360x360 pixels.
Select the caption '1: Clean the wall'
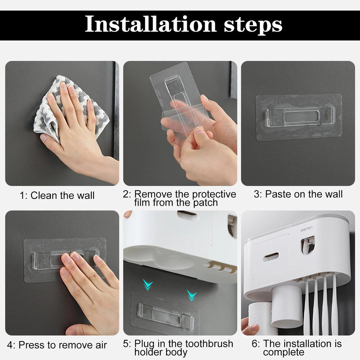coord(57,195)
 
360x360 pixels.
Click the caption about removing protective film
coord(179,198)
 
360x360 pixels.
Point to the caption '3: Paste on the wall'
coord(298,194)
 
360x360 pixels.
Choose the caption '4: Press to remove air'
coord(57,345)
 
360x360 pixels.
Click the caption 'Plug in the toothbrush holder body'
coord(179,347)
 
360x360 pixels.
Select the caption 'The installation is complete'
coord(296,347)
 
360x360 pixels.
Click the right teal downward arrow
coord(192,295)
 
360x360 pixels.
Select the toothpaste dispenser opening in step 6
coord(307,245)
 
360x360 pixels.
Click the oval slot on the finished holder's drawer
coord(271,257)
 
